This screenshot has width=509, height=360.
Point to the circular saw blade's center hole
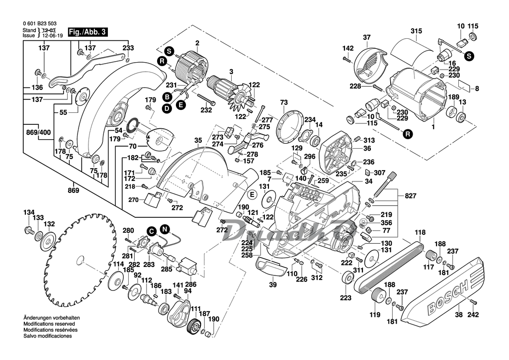[x=79, y=259]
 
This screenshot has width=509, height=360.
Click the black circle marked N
[x=165, y=229]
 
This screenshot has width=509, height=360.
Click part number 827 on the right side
[x=410, y=196]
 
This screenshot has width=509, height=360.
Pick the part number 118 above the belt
[x=421, y=232]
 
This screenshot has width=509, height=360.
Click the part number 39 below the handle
[x=272, y=285]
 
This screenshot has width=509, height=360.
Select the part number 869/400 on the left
[x=38, y=133]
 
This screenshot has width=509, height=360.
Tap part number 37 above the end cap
[x=367, y=37]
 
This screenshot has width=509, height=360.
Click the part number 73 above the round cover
[x=284, y=102]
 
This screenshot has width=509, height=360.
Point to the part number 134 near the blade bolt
[x=29, y=212]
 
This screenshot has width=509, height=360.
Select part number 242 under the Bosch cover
[x=473, y=314]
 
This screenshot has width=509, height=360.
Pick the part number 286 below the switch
[x=190, y=284]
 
